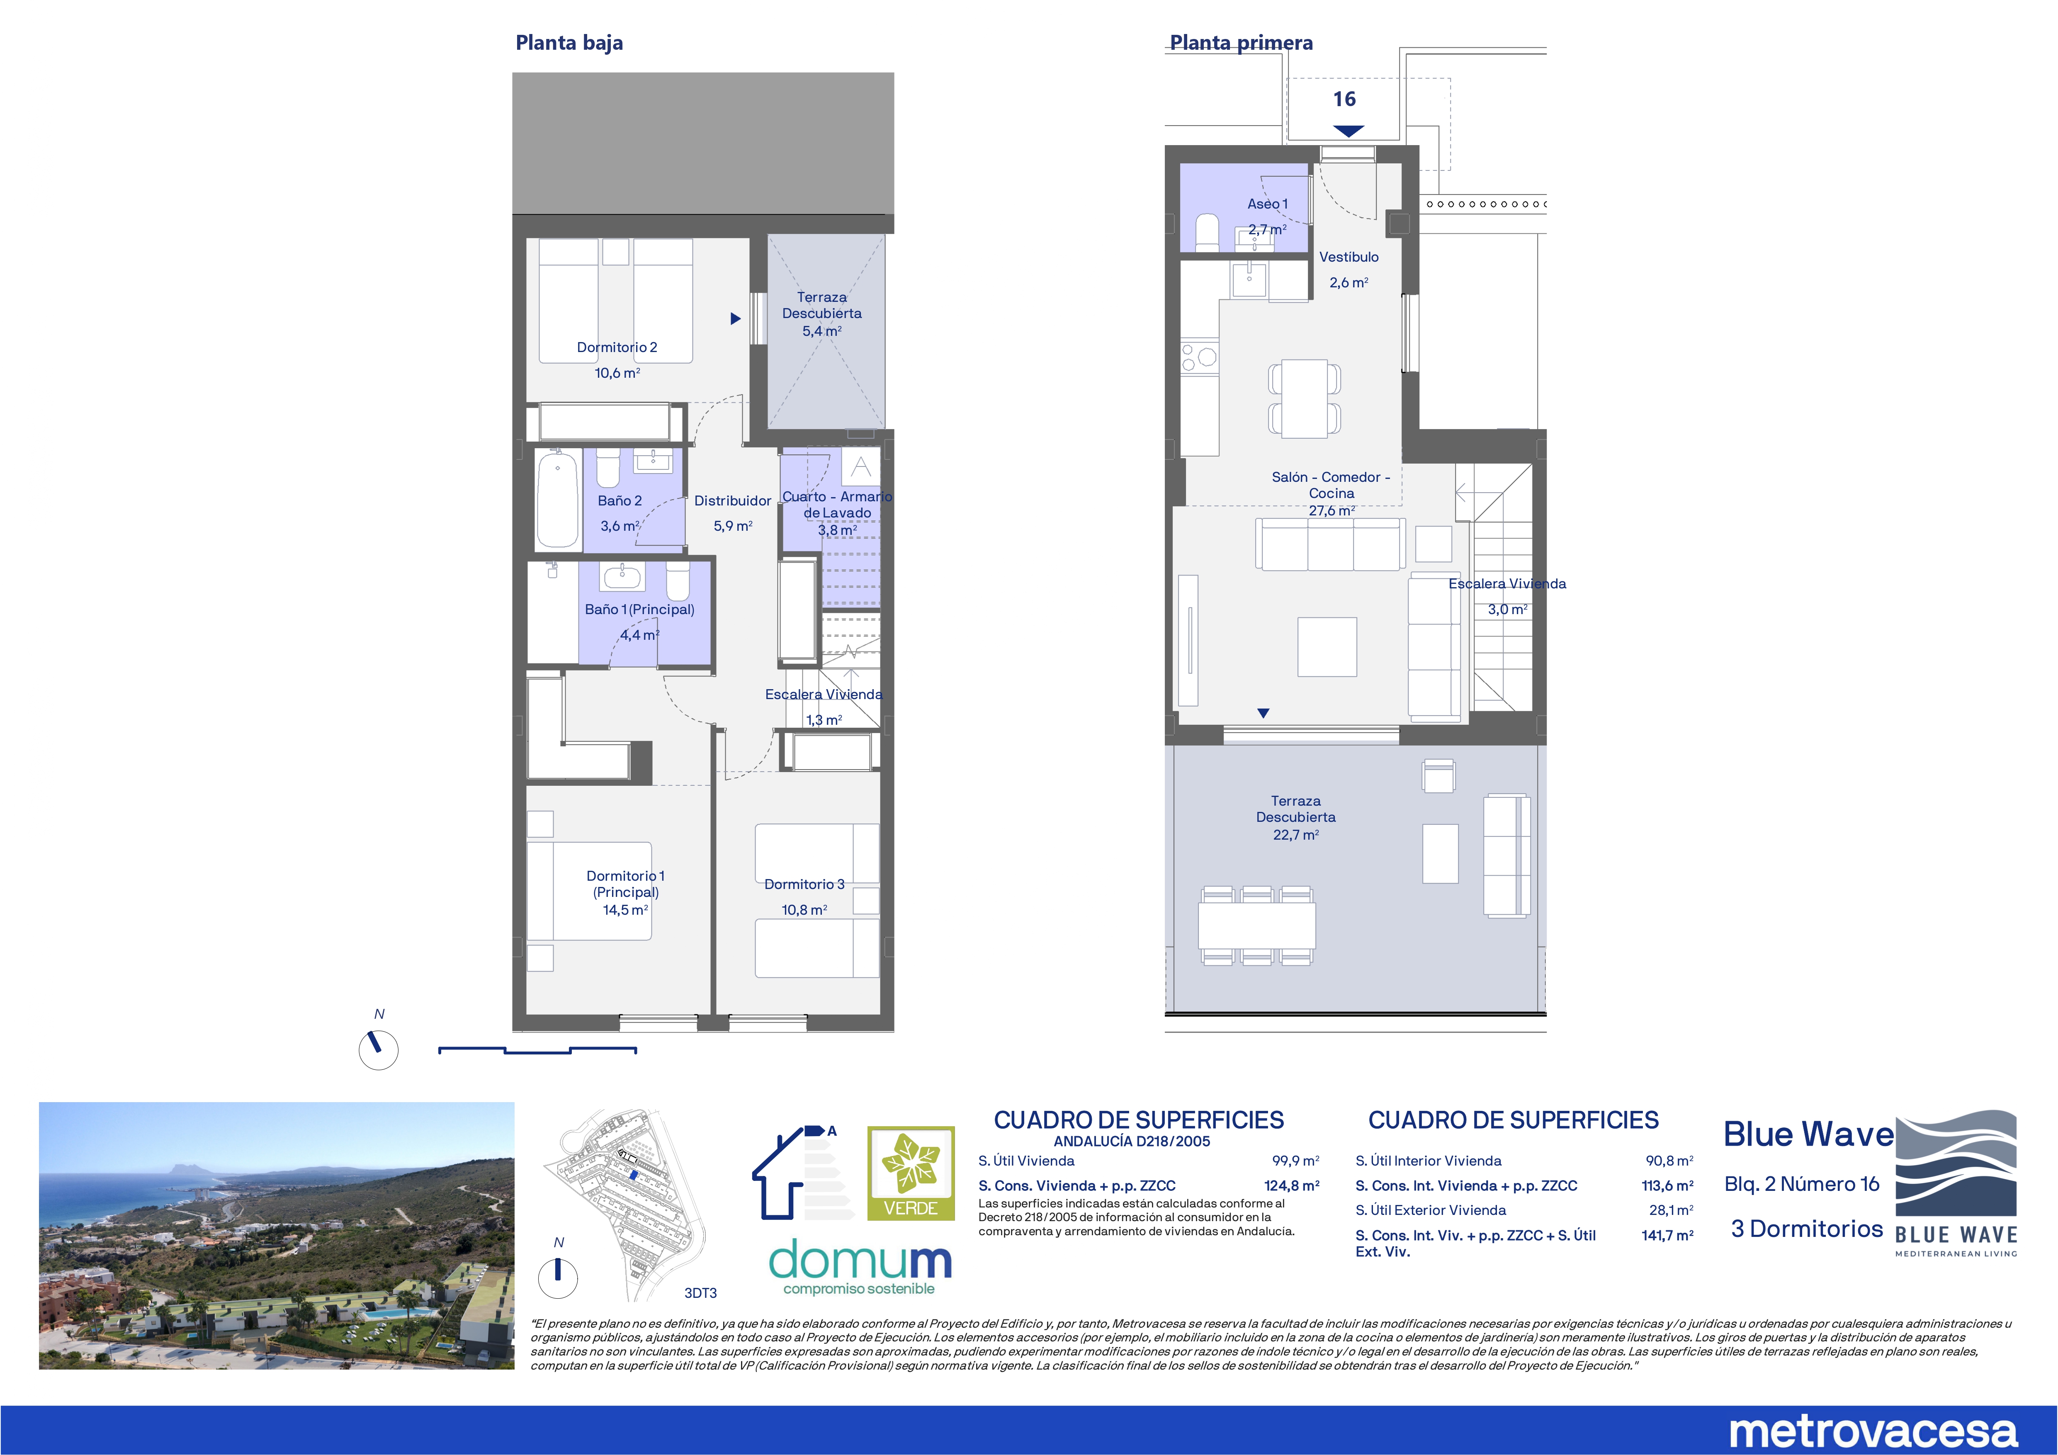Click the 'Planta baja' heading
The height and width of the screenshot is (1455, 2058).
(569, 43)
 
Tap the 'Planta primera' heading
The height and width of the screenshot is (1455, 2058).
(1242, 43)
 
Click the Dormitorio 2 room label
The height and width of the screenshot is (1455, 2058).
(617, 347)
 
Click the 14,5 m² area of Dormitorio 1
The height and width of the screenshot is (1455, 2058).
(625, 910)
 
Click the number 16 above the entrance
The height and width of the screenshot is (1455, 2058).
(1344, 100)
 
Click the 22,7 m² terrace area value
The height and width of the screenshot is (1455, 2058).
(1296, 835)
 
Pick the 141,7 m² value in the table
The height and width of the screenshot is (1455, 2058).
(1667, 1235)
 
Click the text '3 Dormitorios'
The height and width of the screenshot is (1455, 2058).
(1807, 1229)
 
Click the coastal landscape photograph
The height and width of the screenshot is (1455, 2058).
(277, 1235)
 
